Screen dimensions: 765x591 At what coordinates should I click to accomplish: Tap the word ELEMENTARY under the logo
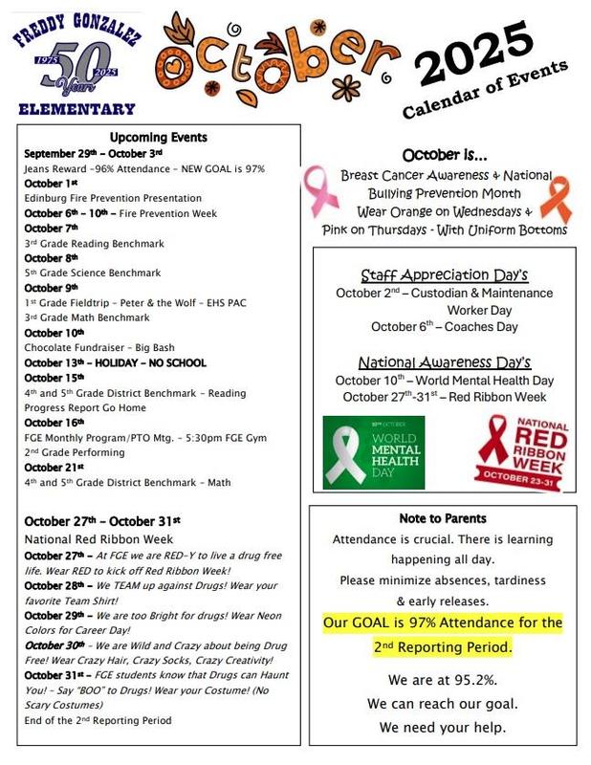pos(77,109)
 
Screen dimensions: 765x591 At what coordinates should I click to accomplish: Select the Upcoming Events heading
pos(159,138)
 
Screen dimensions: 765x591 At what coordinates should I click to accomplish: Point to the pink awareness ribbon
pos(318,190)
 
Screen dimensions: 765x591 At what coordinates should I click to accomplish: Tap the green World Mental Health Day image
pos(373,451)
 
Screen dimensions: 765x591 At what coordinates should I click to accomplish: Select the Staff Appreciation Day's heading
pos(445,275)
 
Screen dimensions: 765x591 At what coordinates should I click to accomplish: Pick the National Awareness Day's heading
pos(444,362)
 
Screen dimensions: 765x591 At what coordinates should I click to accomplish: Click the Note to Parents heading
pos(443,518)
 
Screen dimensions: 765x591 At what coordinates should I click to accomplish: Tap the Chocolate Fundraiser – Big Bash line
pos(99,348)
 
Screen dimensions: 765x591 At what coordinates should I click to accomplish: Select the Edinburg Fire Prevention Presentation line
pos(113,198)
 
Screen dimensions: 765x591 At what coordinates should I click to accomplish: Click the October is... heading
pos(444,155)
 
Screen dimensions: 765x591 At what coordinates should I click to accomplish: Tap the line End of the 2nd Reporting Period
pos(98,720)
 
